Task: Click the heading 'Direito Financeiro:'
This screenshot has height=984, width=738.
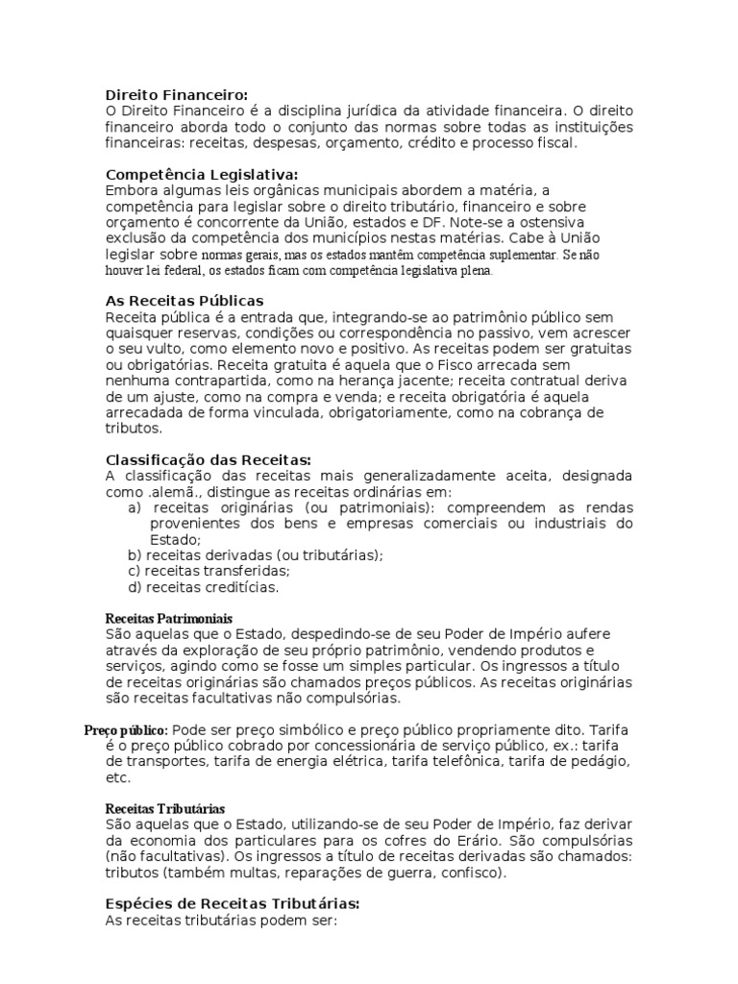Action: [176, 94]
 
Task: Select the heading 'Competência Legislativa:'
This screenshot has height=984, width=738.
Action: [201, 174]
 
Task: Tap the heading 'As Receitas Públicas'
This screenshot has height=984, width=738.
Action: [184, 301]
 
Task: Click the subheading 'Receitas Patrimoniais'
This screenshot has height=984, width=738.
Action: [168, 618]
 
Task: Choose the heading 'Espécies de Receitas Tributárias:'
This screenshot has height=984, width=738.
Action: [232, 903]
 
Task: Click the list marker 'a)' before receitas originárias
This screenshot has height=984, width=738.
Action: [135, 507]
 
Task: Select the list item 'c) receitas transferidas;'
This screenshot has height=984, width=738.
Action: [208, 571]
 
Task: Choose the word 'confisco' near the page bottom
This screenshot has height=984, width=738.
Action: [464, 873]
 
